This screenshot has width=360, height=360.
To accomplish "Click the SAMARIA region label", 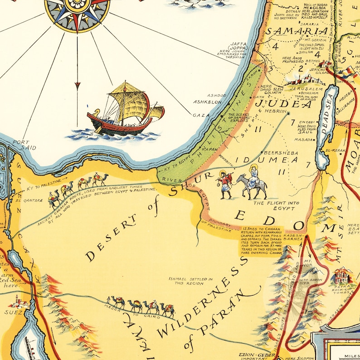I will point(297,32).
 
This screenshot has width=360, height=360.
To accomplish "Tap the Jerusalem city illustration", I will point(303,80).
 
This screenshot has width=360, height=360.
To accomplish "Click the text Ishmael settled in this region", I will point(190,281).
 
